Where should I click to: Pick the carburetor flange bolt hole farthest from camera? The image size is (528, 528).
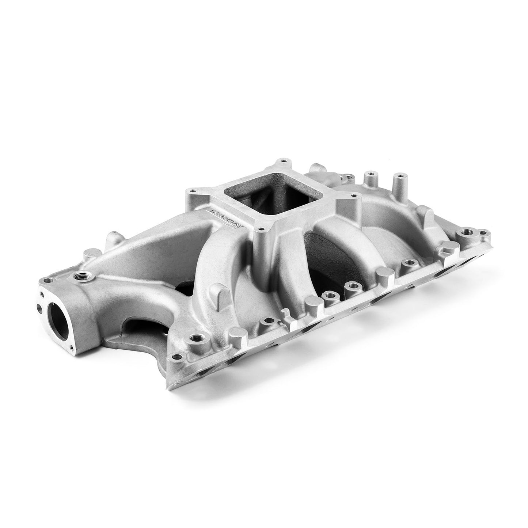point(281,161)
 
